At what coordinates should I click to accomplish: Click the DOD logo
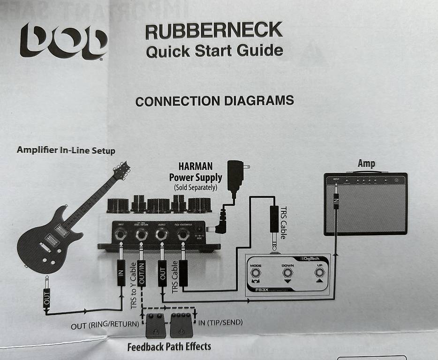[x=64, y=41]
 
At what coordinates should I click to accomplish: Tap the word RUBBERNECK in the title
[x=213, y=31]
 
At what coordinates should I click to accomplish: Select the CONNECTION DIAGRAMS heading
[x=214, y=101]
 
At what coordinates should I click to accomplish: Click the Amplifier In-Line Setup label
[x=66, y=150]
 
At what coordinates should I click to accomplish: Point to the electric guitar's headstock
[x=122, y=171]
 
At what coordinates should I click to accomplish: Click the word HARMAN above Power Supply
[x=195, y=166]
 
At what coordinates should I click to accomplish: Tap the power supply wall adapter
[x=235, y=177]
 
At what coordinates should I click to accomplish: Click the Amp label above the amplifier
[x=366, y=164]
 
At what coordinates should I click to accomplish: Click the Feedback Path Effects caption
[x=169, y=347]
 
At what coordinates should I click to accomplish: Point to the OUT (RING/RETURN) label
[x=105, y=324]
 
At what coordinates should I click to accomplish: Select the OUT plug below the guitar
[x=46, y=298]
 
